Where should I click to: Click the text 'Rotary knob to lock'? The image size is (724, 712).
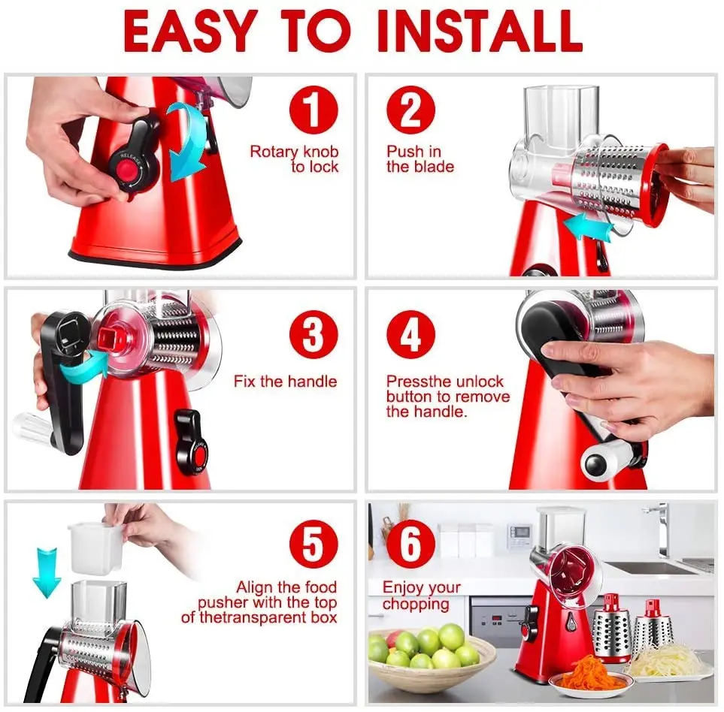tap(295, 159)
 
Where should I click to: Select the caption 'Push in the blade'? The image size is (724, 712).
tap(420, 159)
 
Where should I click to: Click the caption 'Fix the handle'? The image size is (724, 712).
tap(285, 382)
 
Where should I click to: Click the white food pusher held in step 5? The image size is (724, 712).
tap(95, 547)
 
